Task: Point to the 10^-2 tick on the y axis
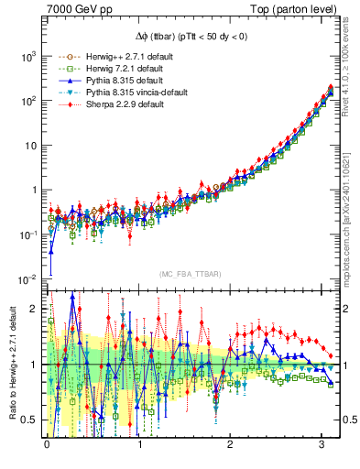click(28, 279)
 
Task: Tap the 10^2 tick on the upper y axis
click(28, 101)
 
